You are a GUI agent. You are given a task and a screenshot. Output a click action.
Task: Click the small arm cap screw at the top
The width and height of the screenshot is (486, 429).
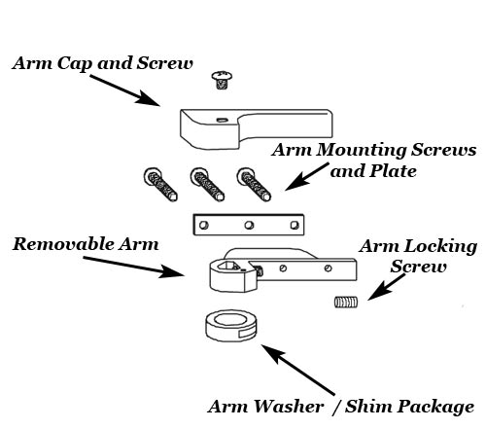pos(222,80)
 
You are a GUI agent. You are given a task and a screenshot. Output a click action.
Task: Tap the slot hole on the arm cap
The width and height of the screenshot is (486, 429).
pos(222,120)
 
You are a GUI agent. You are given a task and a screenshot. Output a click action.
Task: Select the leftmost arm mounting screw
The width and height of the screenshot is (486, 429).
pos(160,184)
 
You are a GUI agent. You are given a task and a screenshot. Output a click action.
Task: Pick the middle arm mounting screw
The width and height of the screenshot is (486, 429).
pos(207,184)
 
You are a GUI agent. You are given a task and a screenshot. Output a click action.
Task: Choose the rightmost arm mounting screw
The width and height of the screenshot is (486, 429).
pos(254,184)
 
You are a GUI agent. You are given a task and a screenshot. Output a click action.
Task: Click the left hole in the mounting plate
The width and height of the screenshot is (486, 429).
pos(204,225)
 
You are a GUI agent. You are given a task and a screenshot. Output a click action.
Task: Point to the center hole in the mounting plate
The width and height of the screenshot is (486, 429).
pos(249,225)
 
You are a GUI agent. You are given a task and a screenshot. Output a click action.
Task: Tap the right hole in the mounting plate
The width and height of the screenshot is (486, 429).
pos(295,225)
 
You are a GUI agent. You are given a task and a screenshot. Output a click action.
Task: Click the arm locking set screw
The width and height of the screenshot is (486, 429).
pos(346,303)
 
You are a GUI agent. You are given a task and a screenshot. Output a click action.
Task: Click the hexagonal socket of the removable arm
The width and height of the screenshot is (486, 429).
pos(228,267)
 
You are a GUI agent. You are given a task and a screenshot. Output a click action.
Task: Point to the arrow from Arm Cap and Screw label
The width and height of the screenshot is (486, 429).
pos(125,90)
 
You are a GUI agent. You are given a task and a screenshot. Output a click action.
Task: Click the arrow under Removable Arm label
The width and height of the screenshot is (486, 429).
pos(134,268)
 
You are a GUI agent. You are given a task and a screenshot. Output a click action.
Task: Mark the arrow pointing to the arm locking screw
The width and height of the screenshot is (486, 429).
pos(387,287)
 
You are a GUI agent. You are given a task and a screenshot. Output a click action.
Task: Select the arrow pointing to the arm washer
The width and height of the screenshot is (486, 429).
pos(297,370)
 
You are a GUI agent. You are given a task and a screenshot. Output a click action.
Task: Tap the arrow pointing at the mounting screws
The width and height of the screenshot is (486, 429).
pos(306,177)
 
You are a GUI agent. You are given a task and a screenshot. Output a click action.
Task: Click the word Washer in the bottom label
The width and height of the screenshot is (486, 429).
pos(289,407)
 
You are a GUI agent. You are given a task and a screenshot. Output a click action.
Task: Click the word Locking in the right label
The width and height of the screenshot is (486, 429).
pos(440,247)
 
